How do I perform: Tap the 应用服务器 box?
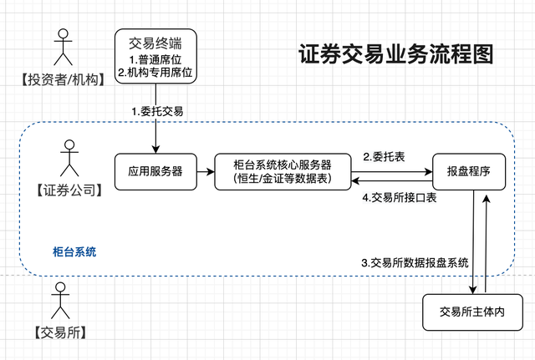pos(150,171)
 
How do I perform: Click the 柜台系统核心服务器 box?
pos(282,171)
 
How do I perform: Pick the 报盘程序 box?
pos(467,171)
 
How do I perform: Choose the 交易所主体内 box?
pos(474,312)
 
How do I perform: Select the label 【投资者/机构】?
pos(61,80)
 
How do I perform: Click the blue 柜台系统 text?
pos(74,250)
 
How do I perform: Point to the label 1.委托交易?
pos(158,110)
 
